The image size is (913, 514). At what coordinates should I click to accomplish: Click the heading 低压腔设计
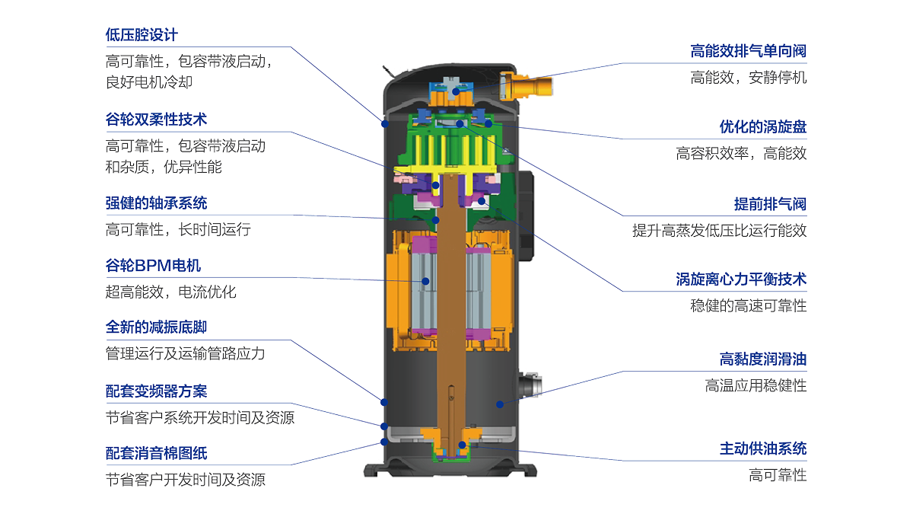[142, 35]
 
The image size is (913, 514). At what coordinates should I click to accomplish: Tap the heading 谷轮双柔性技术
[156, 120]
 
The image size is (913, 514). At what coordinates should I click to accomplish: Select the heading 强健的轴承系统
[156, 203]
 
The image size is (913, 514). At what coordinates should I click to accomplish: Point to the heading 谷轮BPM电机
[153, 266]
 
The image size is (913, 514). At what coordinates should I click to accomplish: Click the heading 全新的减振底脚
[156, 327]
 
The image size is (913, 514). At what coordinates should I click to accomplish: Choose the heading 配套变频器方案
[156, 391]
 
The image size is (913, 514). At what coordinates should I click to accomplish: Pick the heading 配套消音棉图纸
[156, 453]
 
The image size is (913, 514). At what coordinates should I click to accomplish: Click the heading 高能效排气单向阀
[749, 52]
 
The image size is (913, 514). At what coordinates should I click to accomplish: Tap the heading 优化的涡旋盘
[763, 127]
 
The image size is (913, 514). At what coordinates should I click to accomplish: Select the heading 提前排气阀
[770, 204]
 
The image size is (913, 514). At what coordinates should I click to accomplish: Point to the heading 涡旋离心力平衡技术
[741, 279]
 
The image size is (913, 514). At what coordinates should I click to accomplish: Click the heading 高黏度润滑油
[763, 359]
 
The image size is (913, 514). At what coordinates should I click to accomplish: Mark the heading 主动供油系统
[763, 449]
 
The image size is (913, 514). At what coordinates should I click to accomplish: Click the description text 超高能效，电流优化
[170, 292]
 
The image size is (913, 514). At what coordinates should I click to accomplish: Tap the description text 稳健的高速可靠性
[749, 306]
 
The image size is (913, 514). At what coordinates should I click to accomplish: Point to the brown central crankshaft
[451, 310]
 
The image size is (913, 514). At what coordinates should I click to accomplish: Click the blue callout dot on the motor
[425, 281]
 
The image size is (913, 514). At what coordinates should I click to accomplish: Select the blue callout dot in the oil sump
[500, 404]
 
